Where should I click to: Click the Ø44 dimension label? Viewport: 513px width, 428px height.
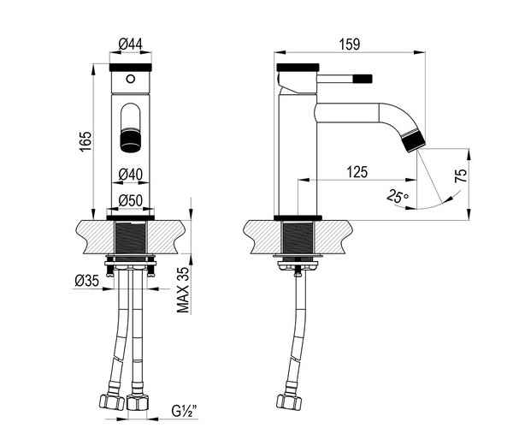(131, 44)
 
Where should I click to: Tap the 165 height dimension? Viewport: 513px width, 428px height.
(85, 141)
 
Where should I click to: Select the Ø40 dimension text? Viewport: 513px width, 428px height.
(131, 175)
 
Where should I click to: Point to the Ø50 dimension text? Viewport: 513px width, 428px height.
(131, 200)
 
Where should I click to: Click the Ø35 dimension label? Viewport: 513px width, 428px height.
(86, 281)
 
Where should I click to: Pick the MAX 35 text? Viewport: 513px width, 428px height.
(183, 290)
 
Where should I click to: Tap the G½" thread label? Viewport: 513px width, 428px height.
(185, 411)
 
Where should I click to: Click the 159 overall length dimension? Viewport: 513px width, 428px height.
(350, 45)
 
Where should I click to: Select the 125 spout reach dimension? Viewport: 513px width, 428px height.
(357, 172)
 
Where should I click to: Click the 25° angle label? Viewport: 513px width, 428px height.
(398, 196)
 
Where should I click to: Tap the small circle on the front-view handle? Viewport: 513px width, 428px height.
(131, 79)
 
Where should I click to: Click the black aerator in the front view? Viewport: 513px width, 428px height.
(131, 140)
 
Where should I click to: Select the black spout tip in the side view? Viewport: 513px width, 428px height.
(414, 140)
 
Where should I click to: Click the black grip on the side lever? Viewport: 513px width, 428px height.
(363, 79)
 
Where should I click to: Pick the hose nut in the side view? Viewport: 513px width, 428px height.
(289, 401)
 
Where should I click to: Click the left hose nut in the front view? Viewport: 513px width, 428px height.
(111, 401)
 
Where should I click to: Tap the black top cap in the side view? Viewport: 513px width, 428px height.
(298, 67)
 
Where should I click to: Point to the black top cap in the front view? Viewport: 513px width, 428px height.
(131, 67)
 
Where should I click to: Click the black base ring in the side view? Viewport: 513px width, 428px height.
(298, 217)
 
